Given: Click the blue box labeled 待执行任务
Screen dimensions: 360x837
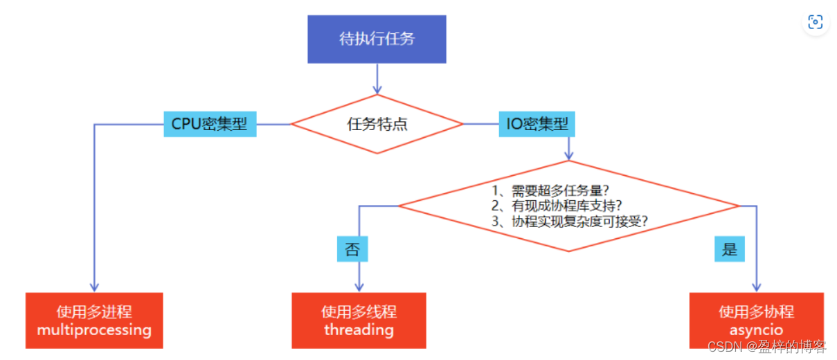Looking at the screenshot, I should pyautogui.click(x=377, y=39).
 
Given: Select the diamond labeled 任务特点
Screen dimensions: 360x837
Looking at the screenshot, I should pyautogui.click(x=377, y=125).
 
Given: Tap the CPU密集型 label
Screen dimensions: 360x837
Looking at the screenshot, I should pyautogui.click(x=210, y=125).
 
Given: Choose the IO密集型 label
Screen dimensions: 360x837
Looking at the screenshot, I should pyautogui.click(x=537, y=125).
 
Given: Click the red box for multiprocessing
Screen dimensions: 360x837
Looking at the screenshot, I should pyautogui.click(x=94, y=320).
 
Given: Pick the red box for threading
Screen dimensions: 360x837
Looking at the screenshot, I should pyautogui.click(x=359, y=320).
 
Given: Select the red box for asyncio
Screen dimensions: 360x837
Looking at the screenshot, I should pyautogui.click(x=756, y=320).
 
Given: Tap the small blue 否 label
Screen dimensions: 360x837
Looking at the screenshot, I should pyautogui.click(x=352, y=249).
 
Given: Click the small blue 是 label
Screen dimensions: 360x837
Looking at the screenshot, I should pyautogui.click(x=730, y=249).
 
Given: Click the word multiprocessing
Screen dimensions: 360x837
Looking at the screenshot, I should pyautogui.click(x=94, y=330).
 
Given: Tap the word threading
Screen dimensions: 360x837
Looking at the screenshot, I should pyautogui.click(x=359, y=330).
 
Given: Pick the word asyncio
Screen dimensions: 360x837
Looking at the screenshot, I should pyautogui.click(x=756, y=330).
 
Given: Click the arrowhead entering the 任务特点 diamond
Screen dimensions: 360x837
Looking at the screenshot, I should pyautogui.click(x=377, y=89).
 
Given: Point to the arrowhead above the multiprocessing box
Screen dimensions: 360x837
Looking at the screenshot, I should pyautogui.click(x=94, y=286).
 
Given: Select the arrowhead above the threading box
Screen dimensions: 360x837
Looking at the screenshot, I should pyautogui.click(x=359, y=286).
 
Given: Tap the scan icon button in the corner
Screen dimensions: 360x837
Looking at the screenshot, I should pyautogui.click(x=815, y=21).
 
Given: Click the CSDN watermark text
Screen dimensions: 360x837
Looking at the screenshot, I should pyautogui.click(x=766, y=345).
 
